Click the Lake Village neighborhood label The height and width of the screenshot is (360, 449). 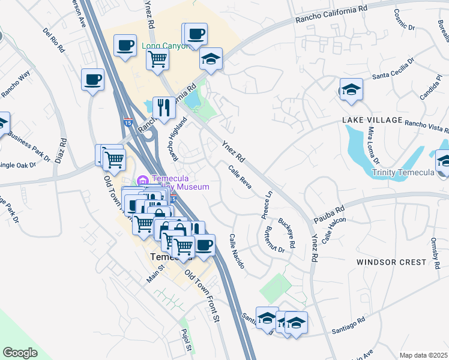point(372,120)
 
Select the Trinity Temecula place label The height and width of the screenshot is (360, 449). point(403,173)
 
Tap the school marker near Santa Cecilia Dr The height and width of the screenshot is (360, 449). point(351,89)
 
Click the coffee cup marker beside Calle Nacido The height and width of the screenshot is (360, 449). point(204,244)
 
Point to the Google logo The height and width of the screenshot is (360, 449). point(20,353)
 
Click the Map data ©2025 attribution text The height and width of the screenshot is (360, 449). point(423,355)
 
